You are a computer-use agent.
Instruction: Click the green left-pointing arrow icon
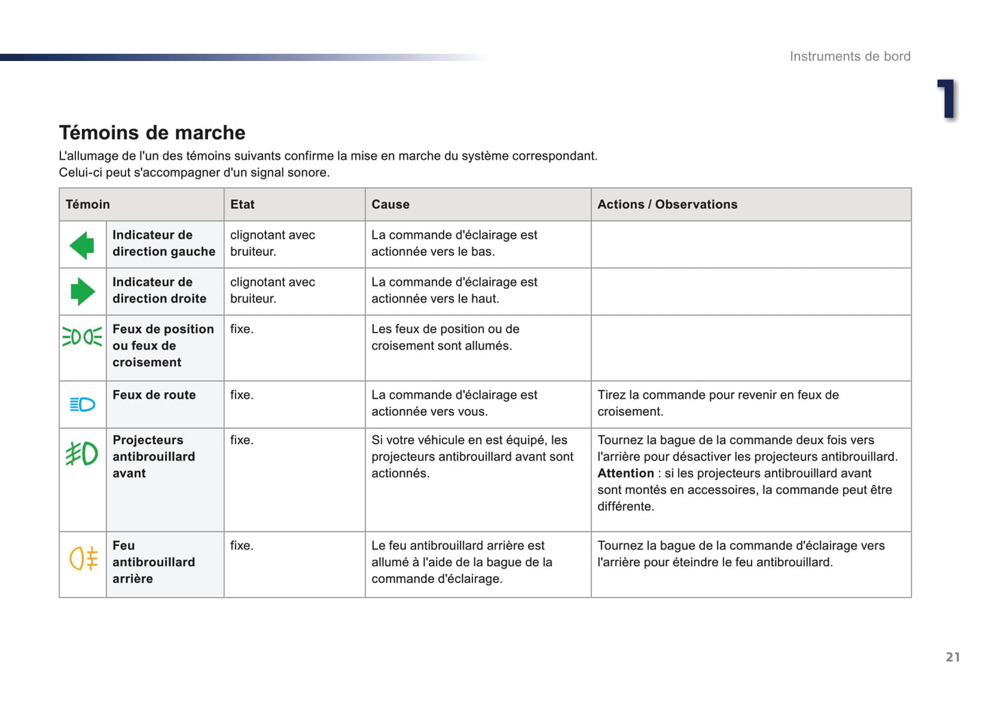pos(82,245)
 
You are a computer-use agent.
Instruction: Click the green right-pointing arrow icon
pos(82,291)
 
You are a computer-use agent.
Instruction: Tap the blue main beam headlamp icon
pos(82,404)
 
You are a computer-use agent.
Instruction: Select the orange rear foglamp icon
pos(83,558)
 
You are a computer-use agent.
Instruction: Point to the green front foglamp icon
pos(81,454)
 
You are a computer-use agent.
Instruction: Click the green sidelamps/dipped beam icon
pos(82,337)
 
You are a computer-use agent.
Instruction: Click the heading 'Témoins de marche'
pos(152,133)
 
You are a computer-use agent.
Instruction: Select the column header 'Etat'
pos(242,205)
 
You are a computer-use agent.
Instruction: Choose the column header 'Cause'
pos(390,205)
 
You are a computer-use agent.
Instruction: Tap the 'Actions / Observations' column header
pos(667,205)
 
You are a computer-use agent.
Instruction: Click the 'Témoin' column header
pos(88,205)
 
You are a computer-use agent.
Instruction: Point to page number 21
pos(952,657)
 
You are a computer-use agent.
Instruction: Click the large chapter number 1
pos(947,99)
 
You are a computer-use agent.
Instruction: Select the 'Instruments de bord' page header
pos(849,57)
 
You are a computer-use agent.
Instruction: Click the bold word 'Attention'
pos(626,473)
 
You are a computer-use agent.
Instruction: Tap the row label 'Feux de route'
pos(154,395)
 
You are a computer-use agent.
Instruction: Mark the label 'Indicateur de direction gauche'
pos(164,244)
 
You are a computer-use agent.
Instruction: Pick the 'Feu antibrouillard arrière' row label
pos(153,562)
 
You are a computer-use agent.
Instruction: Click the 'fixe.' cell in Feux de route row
pos(242,395)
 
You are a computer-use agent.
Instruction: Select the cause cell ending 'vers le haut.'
pos(454,291)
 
